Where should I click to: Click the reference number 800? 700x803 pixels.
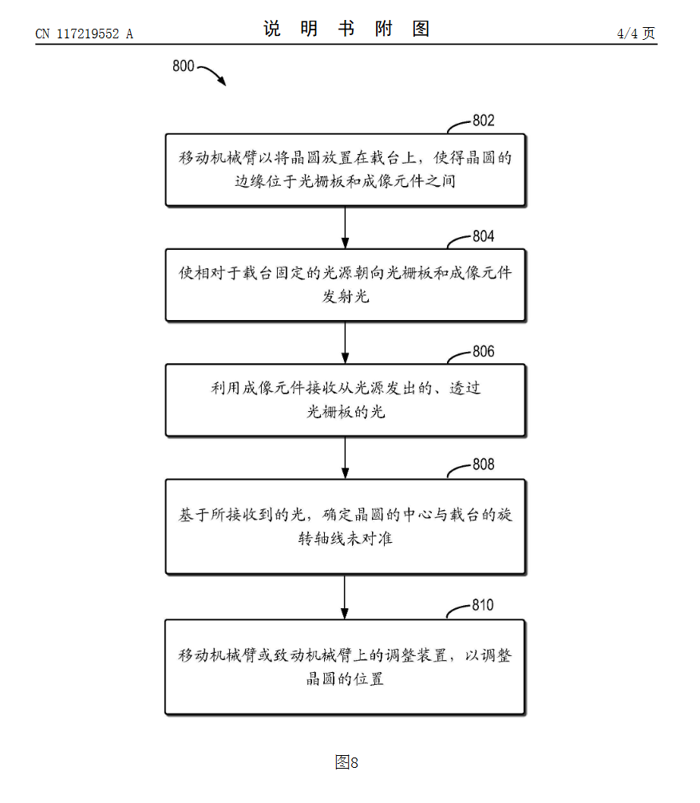point(183,66)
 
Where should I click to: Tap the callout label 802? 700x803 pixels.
point(483,121)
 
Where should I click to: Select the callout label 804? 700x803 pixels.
point(483,236)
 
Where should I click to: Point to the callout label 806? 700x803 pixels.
point(483,352)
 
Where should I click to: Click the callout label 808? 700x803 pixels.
point(483,465)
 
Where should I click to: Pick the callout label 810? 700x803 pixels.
point(482,605)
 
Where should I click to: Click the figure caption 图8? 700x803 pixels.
point(346,762)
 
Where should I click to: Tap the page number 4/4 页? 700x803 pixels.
point(636,33)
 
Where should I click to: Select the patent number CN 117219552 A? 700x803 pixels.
point(84,34)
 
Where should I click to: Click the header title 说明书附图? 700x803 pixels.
point(346,30)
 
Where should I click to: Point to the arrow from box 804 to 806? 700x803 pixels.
point(345,342)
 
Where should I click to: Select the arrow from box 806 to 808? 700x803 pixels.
point(345,457)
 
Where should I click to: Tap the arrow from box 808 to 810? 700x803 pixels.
point(345,597)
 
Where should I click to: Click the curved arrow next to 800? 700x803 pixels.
point(212,74)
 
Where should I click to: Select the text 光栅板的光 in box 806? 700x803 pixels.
point(346,413)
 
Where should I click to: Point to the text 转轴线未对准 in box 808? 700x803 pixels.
point(346,539)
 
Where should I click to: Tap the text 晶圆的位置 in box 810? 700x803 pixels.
point(346,680)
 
